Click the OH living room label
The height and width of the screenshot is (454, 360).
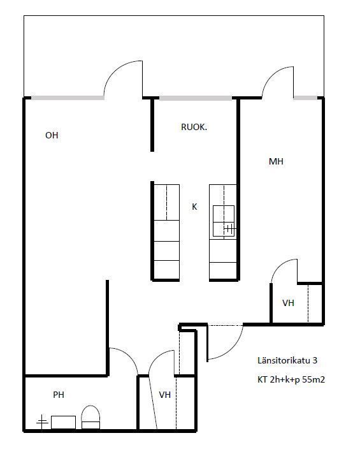point(52,135)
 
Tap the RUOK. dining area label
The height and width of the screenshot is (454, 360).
point(194,127)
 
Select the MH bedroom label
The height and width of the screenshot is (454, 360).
point(276,161)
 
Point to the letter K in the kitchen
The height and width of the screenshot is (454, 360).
point(194,207)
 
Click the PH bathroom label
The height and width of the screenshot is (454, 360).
point(59,395)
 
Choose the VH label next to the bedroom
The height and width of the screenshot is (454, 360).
point(288,303)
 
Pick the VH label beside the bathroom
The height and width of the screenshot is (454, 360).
point(164,395)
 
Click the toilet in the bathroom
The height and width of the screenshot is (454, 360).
point(90,417)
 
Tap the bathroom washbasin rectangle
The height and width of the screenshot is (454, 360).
point(63,422)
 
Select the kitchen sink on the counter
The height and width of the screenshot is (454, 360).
point(224,221)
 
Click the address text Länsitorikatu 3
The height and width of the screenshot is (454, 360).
point(287,360)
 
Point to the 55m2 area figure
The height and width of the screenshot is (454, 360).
point(313,379)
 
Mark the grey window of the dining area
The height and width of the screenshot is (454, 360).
point(196,98)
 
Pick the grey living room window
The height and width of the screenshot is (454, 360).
point(68,98)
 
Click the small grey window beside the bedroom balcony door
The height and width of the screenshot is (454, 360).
point(306,98)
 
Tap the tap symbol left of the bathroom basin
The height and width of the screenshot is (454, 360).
point(42,422)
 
